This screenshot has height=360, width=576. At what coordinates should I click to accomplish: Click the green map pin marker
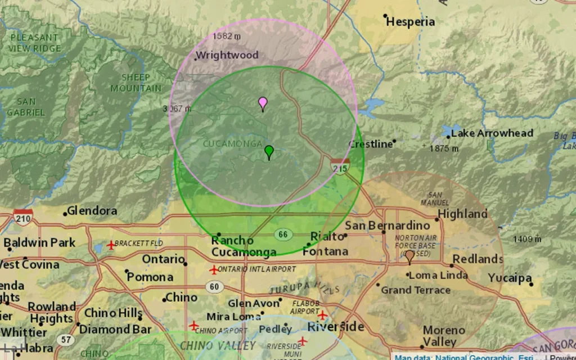click(269, 151)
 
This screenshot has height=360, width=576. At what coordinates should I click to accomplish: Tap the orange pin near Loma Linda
click(409, 256)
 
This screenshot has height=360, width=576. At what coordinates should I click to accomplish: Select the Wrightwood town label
click(227, 55)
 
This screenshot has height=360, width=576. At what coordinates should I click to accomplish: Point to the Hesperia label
click(411, 22)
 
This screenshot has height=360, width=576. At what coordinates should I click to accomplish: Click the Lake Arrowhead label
click(492, 133)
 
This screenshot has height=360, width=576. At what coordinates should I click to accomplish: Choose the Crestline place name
click(371, 145)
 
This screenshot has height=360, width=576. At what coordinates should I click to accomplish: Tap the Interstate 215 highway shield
click(340, 166)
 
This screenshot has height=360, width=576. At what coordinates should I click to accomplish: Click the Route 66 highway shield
click(283, 233)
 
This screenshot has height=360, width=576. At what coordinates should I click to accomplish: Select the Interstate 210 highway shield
click(23, 216)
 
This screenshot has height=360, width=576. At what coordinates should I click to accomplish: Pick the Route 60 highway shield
click(214, 287)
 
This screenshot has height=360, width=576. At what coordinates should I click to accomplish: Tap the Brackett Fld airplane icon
click(111, 245)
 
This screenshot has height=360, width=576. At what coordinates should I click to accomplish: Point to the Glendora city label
click(92, 211)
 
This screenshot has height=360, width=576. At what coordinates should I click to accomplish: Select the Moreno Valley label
click(440, 336)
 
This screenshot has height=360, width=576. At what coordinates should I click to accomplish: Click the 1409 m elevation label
click(526, 239)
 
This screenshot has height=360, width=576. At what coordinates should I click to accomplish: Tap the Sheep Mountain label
click(136, 83)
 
